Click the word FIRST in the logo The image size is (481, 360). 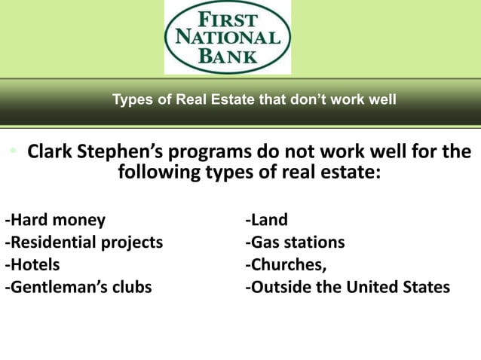(x=227, y=18)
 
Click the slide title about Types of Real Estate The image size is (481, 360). (x=254, y=99)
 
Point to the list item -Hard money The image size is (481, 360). (x=56, y=221)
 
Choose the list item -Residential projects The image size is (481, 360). (x=84, y=243)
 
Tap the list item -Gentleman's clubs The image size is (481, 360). (x=78, y=287)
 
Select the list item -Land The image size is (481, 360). (x=266, y=221)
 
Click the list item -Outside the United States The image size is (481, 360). (x=347, y=287)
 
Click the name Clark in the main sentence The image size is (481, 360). (x=50, y=153)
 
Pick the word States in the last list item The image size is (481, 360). (x=425, y=287)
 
